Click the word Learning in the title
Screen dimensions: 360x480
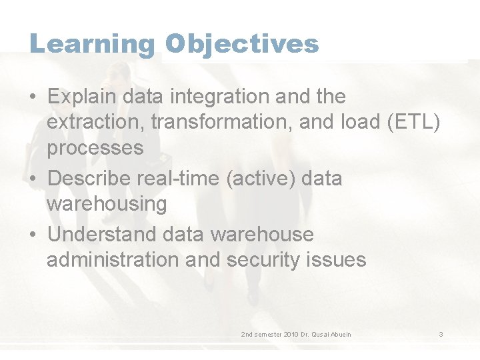click(x=92, y=44)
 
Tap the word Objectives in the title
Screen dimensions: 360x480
click(x=242, y=44)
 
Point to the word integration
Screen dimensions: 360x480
click(x=220, y=97)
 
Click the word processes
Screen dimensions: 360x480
click(x=95, y=148)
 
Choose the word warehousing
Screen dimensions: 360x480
click(x=107, y=204)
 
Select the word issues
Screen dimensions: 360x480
click(x=337, y=260)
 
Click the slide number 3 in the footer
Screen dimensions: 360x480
click(x=441, y=334)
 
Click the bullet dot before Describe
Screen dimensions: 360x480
click(x=33, y=179)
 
